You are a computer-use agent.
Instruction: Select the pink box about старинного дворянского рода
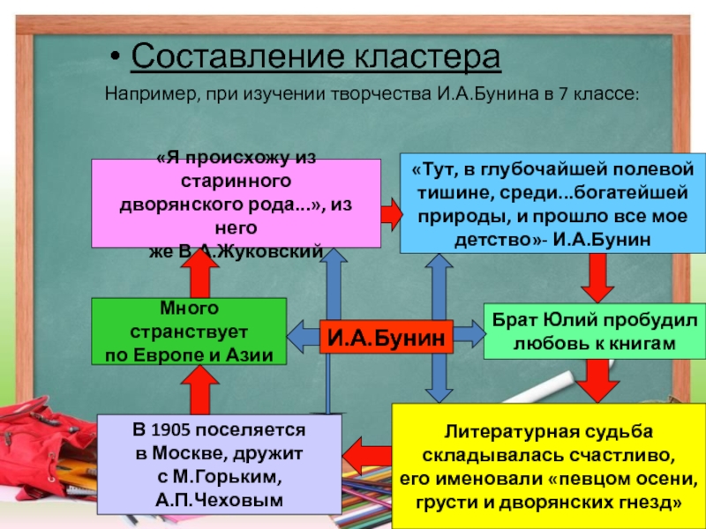tap(236, 203)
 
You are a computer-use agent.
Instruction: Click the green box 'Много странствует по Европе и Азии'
tap(190, 332)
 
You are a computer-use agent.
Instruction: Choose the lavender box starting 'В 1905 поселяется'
tap(219, 466)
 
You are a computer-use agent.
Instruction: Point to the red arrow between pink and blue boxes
tap(390, 212)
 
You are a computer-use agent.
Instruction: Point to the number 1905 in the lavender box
tap(169, 432)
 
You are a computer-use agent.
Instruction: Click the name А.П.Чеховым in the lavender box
tap(218, 500)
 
